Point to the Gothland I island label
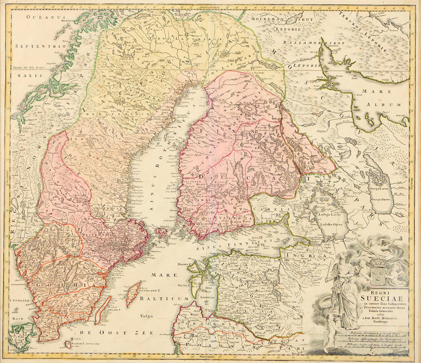tap(149, 290)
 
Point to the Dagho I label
tap(184, 263)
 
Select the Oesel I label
tap(184, 285)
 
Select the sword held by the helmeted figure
tap(330, 276)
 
